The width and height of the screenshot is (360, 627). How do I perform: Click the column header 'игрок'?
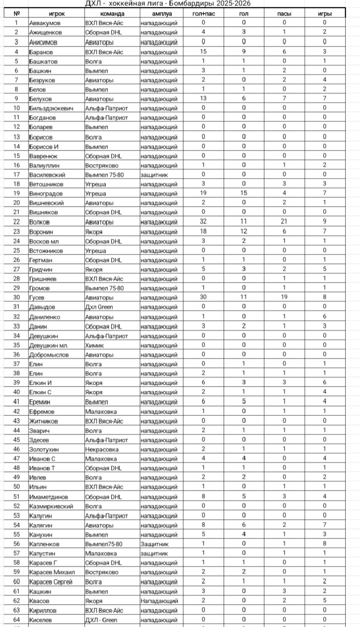pos(57,14)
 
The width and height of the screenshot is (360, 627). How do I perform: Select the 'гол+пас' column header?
pos(203,14)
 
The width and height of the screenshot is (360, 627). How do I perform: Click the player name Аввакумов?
pos(45,23)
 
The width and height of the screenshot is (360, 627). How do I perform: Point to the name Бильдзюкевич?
pos(51,108)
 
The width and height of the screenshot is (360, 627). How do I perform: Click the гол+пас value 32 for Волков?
pos(203,222)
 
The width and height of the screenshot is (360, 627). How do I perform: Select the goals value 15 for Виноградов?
pos(244,193)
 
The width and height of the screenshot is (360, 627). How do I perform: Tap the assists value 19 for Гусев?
pos(284,297)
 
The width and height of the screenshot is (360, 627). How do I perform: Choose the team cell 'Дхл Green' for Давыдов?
pos(99,307)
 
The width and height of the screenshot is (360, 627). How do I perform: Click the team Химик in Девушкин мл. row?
pos(94,345)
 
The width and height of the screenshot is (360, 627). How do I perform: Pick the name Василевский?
pos(47,175)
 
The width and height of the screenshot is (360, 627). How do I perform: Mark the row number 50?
pos(17,487)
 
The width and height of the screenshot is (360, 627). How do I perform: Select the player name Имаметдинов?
pos(48,497)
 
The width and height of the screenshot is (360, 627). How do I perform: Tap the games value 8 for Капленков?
pos(325,543)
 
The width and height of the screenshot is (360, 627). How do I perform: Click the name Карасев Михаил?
pos(52,572)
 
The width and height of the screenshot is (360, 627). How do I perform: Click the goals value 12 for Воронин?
pos(244,231)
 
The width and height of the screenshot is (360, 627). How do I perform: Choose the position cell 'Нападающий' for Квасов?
pos(159,601)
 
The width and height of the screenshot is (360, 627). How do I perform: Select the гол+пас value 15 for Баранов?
pos(203,52)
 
